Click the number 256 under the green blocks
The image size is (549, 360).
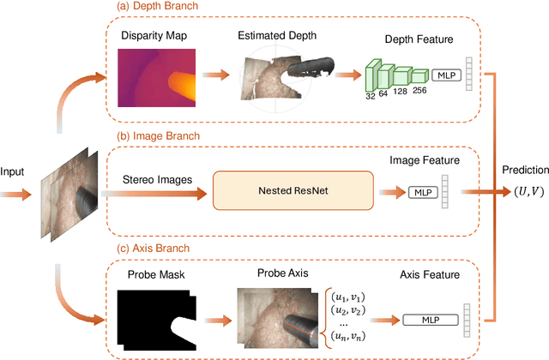point(418,89)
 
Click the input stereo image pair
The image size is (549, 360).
point(67,189)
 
